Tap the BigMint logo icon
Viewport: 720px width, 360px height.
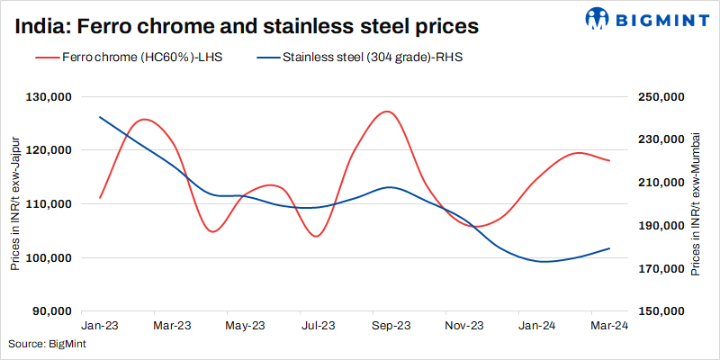coord(598,18)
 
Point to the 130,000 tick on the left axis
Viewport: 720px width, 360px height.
coord(52,96)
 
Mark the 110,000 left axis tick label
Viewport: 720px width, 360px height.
coord(52,204)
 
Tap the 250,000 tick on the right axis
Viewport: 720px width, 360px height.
coord(661,96)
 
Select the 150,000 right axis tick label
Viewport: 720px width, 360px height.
coord(661,311)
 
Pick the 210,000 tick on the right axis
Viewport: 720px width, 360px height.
coord(661,183)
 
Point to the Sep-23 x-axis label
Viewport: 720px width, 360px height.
coord(391,325)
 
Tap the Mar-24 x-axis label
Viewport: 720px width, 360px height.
coord(609,325)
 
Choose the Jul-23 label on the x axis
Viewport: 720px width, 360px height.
coord(318,325)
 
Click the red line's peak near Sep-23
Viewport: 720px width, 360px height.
coord(386,112)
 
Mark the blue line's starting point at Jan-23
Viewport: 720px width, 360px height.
coord(100,117)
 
